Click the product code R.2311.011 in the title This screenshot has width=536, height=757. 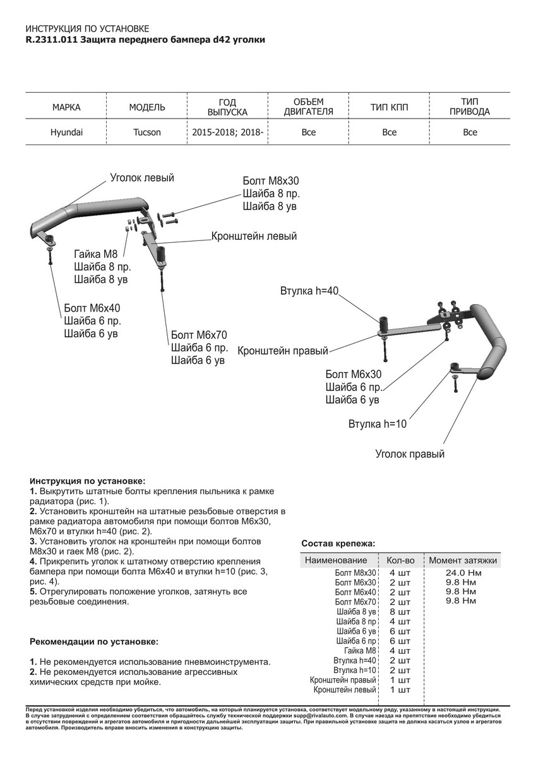tap(51, 39)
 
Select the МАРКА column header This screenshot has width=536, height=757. tap(66, 107)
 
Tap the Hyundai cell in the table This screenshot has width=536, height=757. tap(66, 132)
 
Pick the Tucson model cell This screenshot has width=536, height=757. tap(147, 132)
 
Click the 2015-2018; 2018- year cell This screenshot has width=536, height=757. tap(228, 132)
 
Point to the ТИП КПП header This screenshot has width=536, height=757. tap(389, 107)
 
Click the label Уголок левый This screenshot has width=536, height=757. tap(142, 178)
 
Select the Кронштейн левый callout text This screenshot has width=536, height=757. tap(254, 237)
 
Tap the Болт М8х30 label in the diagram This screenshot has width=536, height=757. tap(271, 180)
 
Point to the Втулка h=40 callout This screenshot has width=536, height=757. tap(310, 291)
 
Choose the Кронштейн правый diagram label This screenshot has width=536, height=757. tap(283, 350)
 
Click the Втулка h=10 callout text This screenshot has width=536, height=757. tap(378, 424)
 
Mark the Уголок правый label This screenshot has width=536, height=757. tap(410, 454)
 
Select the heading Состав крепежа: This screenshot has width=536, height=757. tap(338, 543)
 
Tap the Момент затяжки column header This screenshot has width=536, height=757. tap(463, 560)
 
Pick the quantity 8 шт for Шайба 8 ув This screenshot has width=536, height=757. tap(400, 612)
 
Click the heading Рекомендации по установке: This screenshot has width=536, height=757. tap(94, 642)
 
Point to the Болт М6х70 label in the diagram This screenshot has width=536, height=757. tap(198, 334)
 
